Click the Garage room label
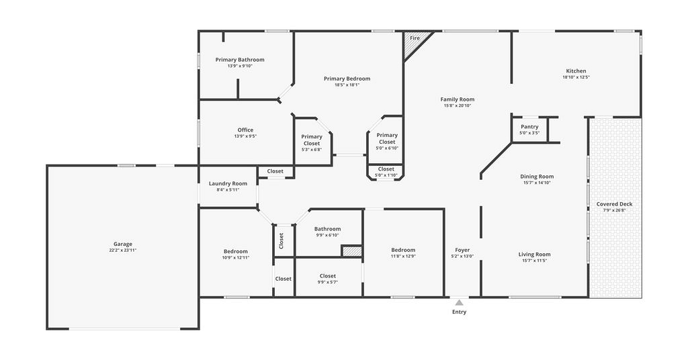pos(123,244)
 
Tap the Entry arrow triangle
pos(459,302)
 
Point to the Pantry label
pos(529,127)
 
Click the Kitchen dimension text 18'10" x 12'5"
pos(576,77)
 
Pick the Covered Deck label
pos(614,204)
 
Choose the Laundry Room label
pos(228,184)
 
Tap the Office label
pos(245,130)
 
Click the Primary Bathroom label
pos(240,60)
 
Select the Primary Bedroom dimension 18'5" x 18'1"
pos(347,85)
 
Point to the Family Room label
pos(458,99)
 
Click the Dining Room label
pos(537,177)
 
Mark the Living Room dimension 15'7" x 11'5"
pos(534,261)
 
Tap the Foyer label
pos(462,250)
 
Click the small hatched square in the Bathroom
pos(351,251)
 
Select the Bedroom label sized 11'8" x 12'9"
pos(403,250)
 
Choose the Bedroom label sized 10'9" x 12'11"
pos(236,251)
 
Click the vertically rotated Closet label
pos(282,240)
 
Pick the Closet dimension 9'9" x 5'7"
pos(328,282)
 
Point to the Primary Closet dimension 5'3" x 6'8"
pos(312,150)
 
